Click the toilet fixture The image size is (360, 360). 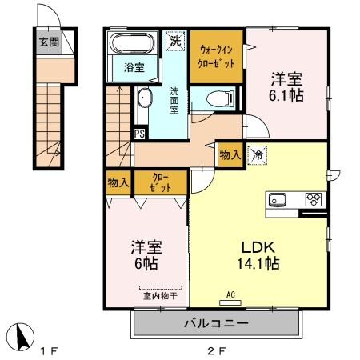tap(214, 98)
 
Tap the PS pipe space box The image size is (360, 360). tap(140, 134)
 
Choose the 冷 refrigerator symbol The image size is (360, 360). tap(258, 154)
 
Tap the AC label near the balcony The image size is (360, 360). tap(230, 294)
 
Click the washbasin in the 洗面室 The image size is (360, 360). tap(145, 98)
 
